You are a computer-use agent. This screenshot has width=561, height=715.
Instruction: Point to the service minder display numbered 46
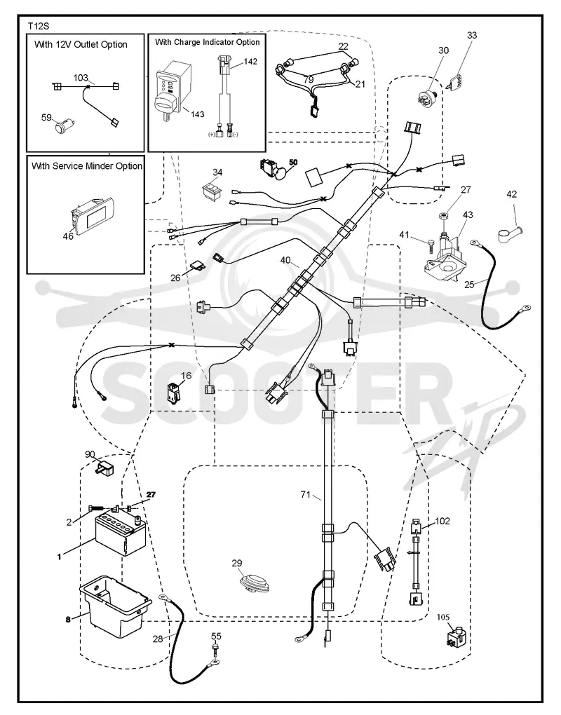93,214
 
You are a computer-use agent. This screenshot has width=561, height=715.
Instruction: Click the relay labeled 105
456,636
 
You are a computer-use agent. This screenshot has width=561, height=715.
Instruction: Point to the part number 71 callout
306,494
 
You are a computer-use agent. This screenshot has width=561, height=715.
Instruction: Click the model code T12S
39,26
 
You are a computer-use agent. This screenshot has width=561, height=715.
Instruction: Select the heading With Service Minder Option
87,166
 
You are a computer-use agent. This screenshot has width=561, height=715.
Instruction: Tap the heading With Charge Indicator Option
207,42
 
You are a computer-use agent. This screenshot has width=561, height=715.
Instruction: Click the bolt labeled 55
215,648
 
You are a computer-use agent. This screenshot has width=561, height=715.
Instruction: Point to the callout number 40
285,260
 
